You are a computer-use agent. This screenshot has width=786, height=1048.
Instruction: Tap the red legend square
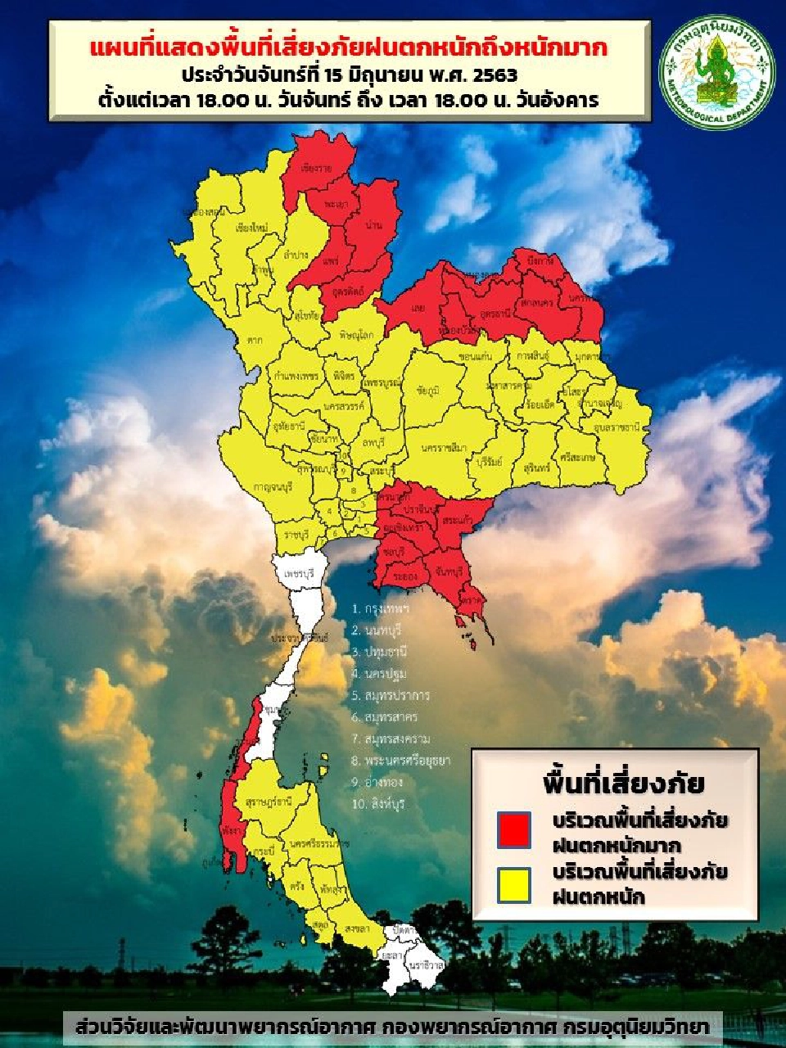(x=514, y=829)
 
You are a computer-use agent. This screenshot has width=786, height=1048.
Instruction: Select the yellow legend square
(x=514, y=885)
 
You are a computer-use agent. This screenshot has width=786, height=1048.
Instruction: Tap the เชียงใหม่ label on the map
(x=249, y=228)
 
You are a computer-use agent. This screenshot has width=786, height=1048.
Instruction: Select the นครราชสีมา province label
(x=445, y=448)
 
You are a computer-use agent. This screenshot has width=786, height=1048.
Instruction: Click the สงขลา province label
(x=356, y=929)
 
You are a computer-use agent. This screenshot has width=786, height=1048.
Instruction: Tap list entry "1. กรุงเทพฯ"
(x=381, y=609)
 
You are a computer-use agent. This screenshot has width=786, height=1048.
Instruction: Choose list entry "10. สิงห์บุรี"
(x=378, y=804)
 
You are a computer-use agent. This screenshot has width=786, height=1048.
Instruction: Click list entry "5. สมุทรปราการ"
(x=390, y=696)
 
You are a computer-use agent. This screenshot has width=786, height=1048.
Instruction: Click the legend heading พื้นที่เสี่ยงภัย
(x=623, y=783)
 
